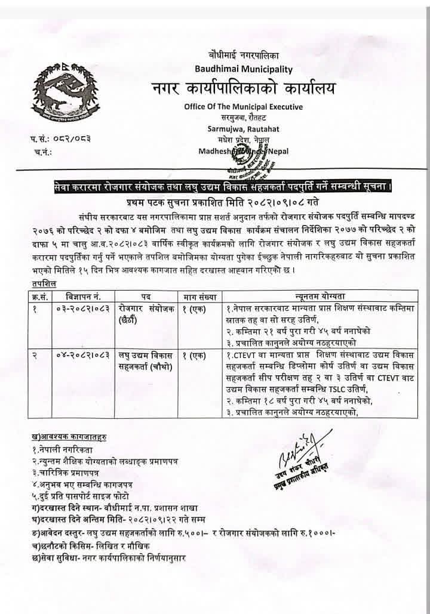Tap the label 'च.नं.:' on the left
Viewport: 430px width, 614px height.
(45, 152)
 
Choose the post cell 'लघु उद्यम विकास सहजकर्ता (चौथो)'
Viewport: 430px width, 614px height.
(144, 361)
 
